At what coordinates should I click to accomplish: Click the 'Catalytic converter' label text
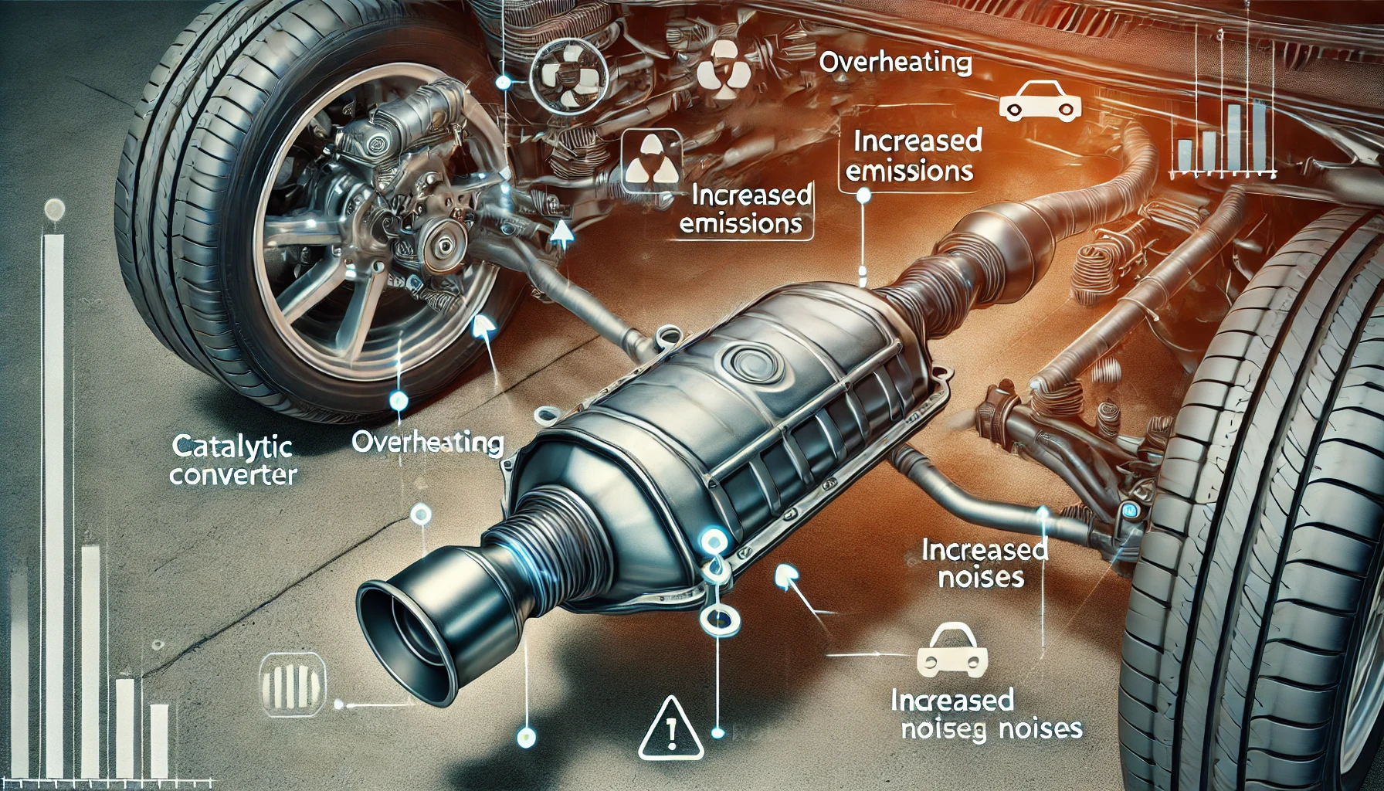[232, 460]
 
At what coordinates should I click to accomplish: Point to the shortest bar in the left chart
[159, 741]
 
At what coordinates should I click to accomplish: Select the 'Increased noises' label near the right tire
[984, 563]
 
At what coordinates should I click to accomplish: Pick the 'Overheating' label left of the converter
[427, 443]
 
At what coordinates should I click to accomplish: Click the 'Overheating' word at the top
[895, 63]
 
